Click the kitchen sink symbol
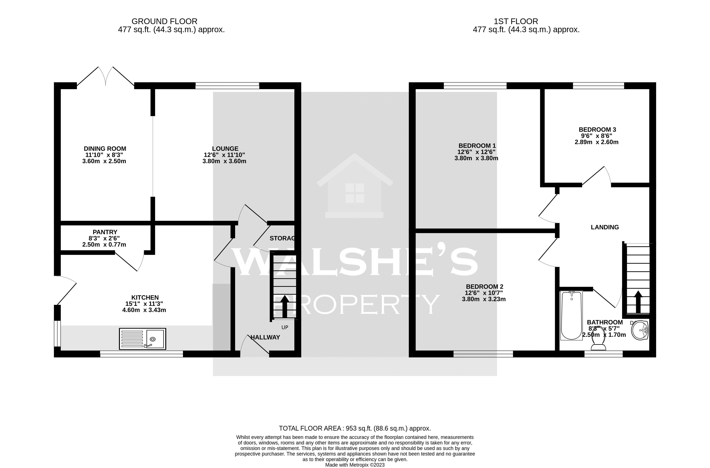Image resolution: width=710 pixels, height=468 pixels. [x=142, y=339]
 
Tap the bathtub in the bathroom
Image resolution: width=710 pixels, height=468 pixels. [x=571, y=316]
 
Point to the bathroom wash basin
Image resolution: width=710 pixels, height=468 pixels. [x=640, y=330]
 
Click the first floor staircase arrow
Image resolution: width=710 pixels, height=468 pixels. [x=638, y=302]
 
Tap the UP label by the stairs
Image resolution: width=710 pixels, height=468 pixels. [x=285, y=327]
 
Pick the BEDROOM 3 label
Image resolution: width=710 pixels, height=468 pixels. [x=597, y=130]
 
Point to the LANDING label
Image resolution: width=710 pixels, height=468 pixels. [x=605, y=227]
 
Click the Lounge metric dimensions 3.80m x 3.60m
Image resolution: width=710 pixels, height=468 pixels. [x=224, y=161]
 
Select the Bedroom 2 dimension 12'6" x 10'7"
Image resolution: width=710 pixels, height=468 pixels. [x=484, y=293]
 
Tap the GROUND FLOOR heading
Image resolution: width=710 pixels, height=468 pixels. [x=164, y=21]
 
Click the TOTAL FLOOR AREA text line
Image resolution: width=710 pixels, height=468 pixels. [x=355, y=428]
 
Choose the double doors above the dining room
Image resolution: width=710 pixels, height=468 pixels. [x=106, y=76]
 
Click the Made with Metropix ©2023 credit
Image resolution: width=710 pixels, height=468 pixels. [x=355, y=465]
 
